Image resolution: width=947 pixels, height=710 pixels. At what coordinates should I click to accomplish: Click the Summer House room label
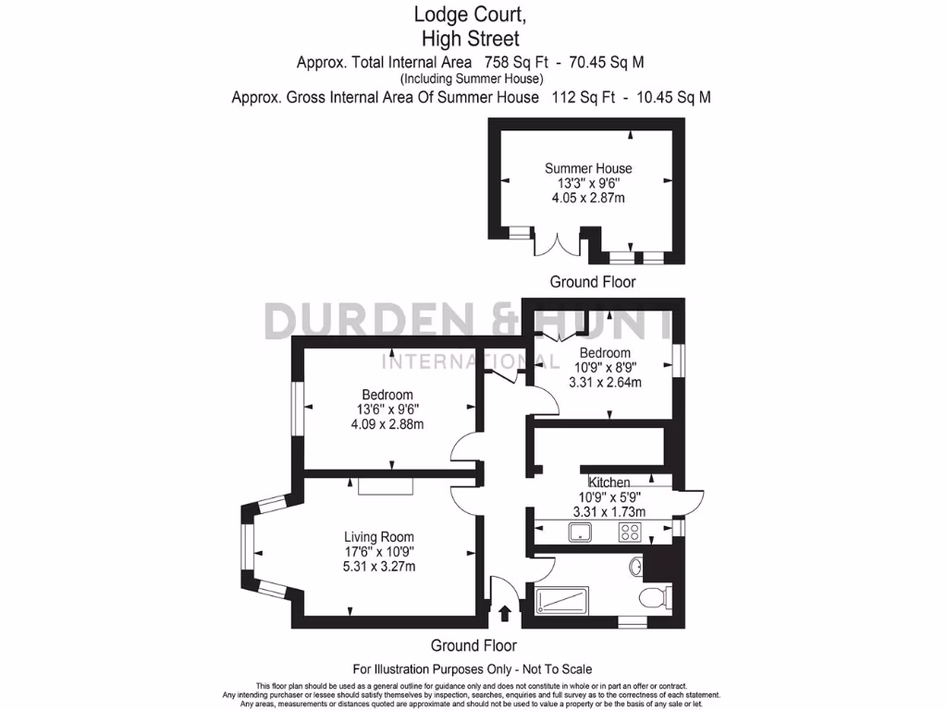click(x=588, y=168)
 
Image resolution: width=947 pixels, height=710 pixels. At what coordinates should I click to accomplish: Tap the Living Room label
click(x=378, y=537)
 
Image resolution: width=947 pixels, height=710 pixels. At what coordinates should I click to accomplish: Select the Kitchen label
click(x=609, y=483)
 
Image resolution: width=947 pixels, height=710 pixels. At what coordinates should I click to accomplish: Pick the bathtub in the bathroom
click(x=561, y=600)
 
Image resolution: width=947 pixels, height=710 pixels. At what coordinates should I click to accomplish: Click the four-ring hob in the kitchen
click(x=631, y=532)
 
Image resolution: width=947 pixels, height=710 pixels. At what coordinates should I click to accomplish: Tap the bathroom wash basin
click(x=636, y=565)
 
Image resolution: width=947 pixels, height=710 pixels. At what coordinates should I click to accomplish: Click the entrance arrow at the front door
click(x=505, y=613)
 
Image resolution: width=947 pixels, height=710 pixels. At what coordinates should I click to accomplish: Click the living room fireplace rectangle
click(x=386, y=486)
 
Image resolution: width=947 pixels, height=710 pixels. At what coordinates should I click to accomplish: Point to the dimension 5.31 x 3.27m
click(x=378, y=567)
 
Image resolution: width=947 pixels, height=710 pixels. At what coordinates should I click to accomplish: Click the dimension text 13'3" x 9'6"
click(x=588, y=183)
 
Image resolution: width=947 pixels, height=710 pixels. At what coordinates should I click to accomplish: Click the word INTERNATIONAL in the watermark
click(x=470, y=362)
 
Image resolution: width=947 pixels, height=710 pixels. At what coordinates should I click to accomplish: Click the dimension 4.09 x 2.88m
click(x=387, y=425)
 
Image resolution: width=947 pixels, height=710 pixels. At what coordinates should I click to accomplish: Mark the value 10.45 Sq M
click(x=674, y=97)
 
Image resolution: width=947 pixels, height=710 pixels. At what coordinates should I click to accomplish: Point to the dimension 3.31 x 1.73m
click(x=609, y=511)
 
